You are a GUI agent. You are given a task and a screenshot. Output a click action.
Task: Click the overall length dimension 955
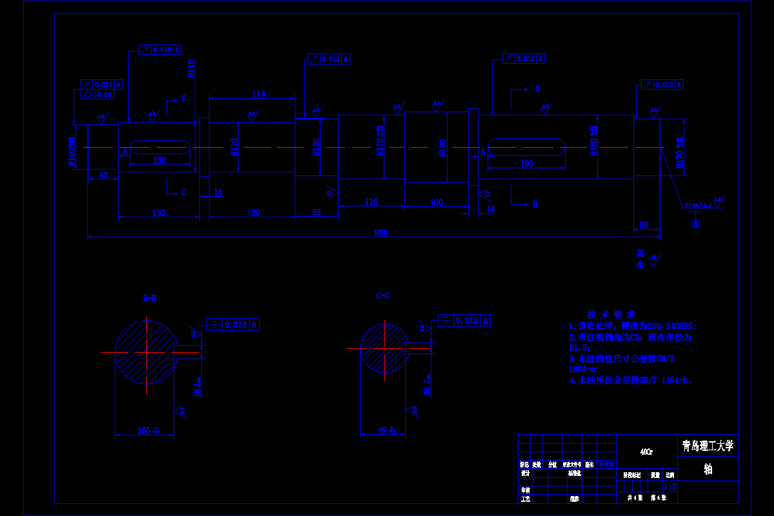click(381, 233)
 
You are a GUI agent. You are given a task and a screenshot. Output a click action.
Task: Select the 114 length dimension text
click(258, 94)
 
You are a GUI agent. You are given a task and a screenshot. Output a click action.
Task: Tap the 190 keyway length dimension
click(526, 164)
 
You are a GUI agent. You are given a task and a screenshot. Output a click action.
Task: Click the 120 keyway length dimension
click(159, 160)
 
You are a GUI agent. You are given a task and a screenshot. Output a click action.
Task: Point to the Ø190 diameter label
click(443, 148)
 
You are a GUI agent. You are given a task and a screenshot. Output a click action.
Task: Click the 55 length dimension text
click(317, 212)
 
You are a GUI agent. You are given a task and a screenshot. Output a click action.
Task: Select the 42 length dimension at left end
click(103, 175)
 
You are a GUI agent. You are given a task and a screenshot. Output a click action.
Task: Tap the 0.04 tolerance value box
click(104, 95)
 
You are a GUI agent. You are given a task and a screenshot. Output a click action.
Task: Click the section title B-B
click(149, 298)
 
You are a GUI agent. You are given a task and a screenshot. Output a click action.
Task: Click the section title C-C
click(383, 296)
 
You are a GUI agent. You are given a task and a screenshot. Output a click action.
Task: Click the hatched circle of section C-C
click(383, 348)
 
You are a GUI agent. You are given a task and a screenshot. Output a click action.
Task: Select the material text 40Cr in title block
click(646, 452)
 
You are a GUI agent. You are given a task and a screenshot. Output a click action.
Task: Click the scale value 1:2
click(670, 488)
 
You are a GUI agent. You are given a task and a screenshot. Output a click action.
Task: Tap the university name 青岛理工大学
click(708, 446)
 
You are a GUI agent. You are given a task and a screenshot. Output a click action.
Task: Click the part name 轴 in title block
click(708, 469)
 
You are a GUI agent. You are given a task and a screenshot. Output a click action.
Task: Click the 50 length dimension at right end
click(644, 225)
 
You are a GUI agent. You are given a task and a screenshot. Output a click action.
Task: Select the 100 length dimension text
click(437, 203)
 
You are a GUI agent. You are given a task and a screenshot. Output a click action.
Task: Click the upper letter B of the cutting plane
click(537, 89)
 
